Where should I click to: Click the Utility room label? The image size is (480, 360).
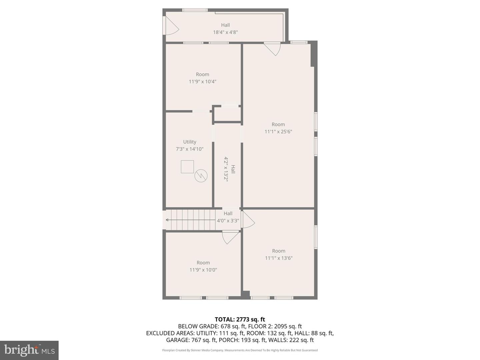point(190,142)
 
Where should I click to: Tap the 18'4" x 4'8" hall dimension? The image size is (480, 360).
point(225,32)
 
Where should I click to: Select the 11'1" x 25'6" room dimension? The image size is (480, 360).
point(278,132)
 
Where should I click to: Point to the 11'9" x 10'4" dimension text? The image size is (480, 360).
point(203,81)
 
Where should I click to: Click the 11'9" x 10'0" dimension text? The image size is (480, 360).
point(203,270)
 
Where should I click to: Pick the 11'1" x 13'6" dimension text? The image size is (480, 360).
point(279,258)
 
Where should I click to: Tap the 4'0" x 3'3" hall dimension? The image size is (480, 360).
point(228,221)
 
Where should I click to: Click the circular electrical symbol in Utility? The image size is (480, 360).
point(201,176)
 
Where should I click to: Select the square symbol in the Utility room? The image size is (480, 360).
point(187,167)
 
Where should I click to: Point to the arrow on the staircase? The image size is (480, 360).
point(167,220)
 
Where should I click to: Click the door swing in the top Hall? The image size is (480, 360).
point(171,26)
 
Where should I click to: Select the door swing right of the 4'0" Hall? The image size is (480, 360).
point(248,220)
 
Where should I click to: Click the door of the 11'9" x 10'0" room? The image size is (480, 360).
point(230,237)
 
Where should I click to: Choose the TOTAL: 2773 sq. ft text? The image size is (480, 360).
point(240,319)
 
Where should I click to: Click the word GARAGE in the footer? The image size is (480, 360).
point(178,340)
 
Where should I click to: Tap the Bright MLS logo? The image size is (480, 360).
point(29,350)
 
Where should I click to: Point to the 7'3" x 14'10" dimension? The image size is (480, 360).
point(190,149)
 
